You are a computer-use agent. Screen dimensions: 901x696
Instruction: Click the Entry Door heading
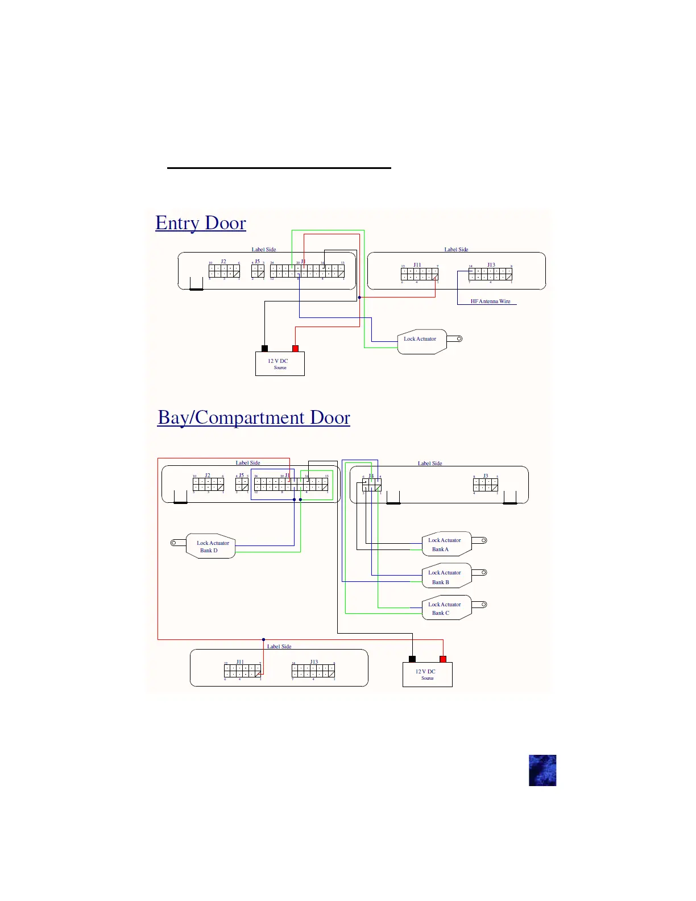201,223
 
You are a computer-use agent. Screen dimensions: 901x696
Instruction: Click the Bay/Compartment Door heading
254,418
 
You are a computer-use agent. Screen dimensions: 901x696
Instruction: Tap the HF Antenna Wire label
490,301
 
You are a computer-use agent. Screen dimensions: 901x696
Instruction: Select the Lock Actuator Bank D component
212,547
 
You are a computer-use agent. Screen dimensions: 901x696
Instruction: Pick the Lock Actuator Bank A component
446,545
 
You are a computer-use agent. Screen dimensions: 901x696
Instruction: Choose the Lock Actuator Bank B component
446,577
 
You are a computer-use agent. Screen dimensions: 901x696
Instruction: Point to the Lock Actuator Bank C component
446,609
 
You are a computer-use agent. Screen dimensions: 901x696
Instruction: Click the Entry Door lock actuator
421,341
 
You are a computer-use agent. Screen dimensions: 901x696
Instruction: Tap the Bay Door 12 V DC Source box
427,675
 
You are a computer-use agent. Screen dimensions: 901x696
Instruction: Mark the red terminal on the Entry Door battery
295,348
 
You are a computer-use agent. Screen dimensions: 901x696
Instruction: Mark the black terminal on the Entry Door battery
264,348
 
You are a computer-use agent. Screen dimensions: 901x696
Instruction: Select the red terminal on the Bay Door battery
443,659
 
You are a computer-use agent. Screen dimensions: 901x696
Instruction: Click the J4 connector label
371,476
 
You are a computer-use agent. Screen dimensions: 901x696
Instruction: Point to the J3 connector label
486,476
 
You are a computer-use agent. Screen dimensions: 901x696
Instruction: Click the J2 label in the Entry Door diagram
223,262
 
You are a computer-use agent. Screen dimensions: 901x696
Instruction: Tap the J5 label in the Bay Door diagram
241,476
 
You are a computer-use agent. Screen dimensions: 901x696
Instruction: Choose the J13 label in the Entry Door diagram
491,265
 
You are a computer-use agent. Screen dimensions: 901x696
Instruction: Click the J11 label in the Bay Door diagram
240,662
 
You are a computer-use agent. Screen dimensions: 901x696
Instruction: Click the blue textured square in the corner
542,770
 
